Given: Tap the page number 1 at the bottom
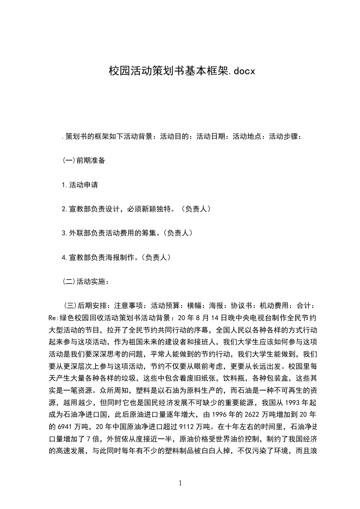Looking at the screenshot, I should coord(180,483).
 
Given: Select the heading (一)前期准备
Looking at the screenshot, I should coord(84,160).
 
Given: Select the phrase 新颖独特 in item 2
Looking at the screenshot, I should coord(158,209).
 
